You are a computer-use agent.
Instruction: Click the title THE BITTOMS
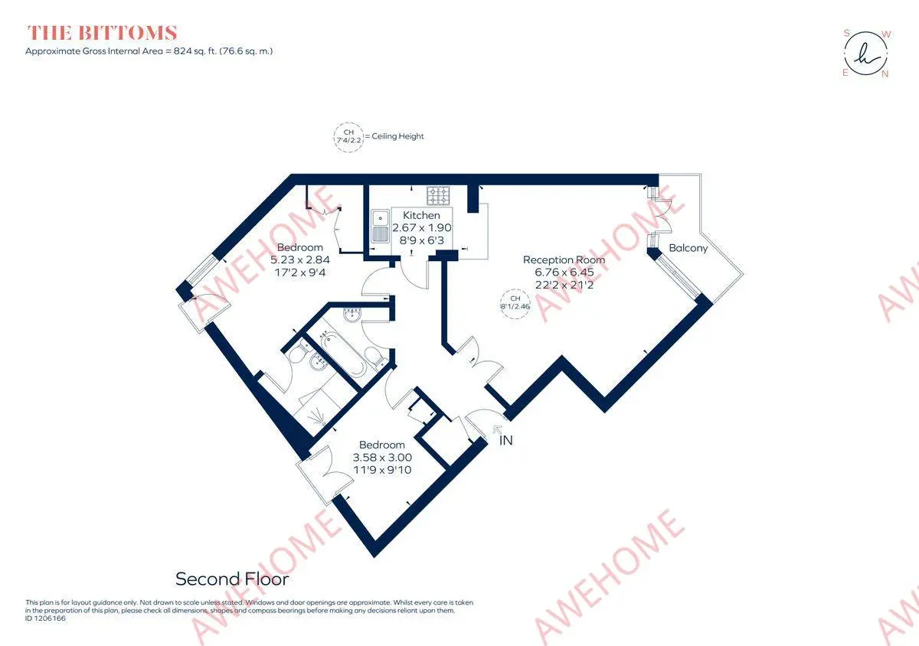[102, 33]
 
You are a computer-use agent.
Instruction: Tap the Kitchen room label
[421, 215]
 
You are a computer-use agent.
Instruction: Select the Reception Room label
[564, 259]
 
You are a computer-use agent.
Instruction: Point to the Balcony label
[688, 248]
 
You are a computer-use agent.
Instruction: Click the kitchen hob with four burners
[438, 195]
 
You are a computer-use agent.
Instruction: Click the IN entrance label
[506, 440]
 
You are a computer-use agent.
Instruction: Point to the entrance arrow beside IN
[498, 430]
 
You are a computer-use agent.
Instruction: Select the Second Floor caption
[232, 579]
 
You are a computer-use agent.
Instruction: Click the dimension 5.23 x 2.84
[300, 259]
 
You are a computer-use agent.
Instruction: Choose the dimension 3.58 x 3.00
[382, 457]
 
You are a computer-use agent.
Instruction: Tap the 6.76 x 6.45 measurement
[564, 272]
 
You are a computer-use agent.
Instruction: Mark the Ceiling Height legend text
[397, 136]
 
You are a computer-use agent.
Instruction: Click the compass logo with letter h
[866, 54]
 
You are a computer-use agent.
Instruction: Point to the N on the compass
[885, 74]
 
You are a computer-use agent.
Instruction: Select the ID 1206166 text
[45, 618]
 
